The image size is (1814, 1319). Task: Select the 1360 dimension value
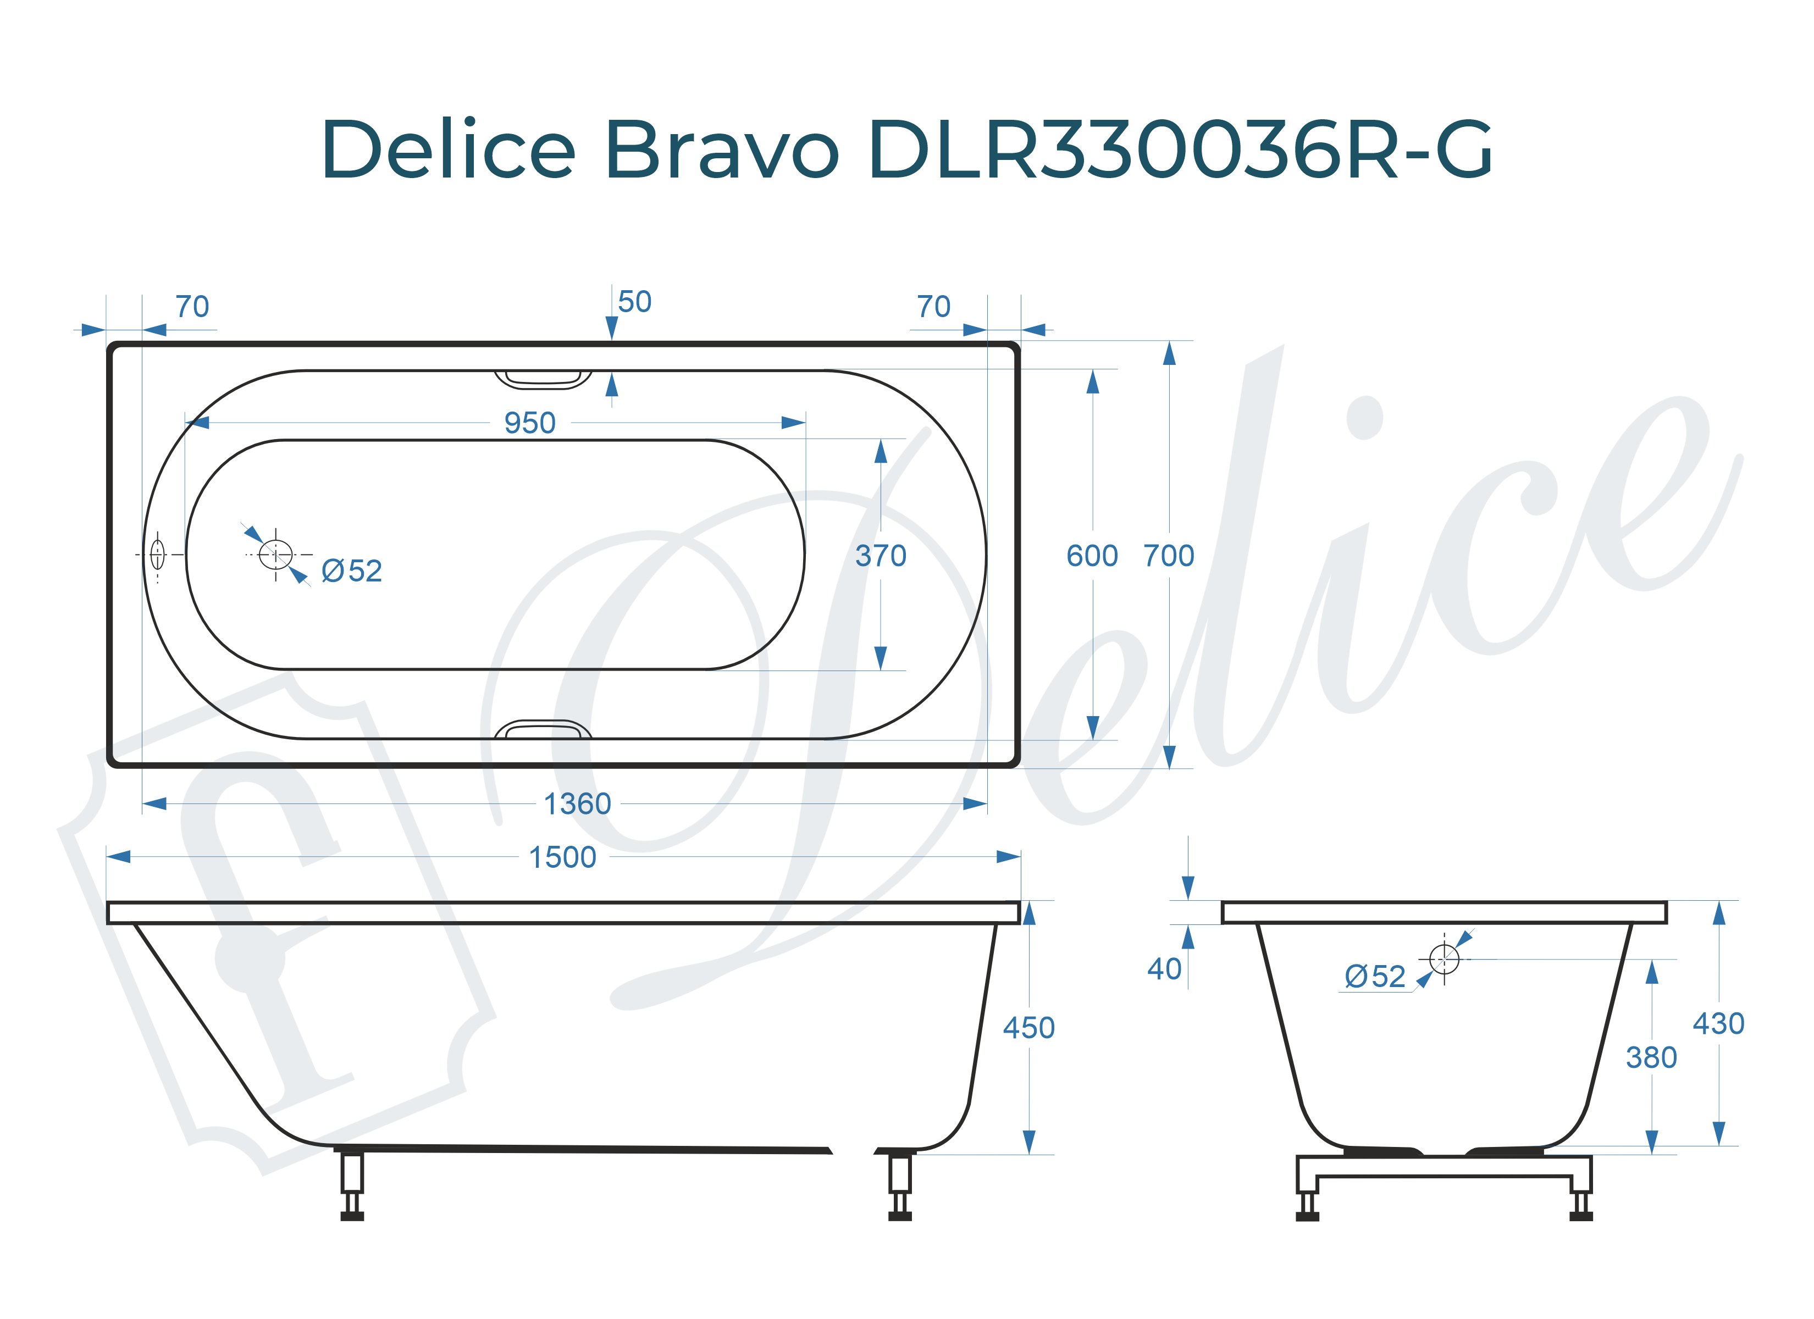(x=577, y=804)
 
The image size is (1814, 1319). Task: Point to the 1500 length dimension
(x=562, y=857)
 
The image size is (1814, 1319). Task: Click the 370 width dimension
(x=881, y=556)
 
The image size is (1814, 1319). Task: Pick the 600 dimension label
(x=1092, y=556)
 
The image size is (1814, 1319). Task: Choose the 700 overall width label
(x=1169, y=556)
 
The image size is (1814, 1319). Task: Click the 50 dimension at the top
(x=634, y=302)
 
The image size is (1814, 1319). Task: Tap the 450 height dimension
(x=1028, y=1028)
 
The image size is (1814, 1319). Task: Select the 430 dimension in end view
(x=1718, y=1024)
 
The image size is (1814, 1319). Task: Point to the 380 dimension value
(x=1651, y=1058)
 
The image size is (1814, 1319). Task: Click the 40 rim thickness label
(x=1164, y=969)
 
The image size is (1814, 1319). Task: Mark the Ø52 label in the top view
(x=352, y=571)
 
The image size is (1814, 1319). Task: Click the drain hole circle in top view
(x=276, y=555)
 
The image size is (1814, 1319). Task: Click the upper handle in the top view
(x=543, y=379)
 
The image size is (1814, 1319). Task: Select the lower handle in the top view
(x=543, y=729)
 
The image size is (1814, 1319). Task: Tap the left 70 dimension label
(x=192, y=307)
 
